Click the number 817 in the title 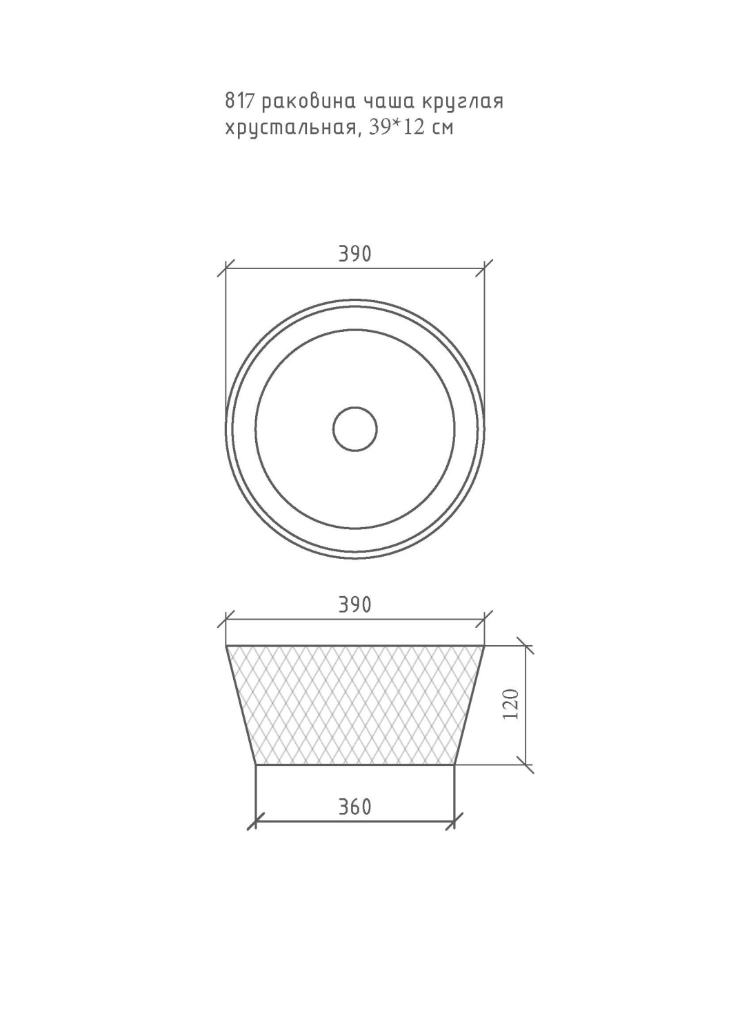coord(239,101)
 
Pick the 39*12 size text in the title coord(397,127)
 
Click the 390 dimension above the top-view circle coord(354,254)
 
